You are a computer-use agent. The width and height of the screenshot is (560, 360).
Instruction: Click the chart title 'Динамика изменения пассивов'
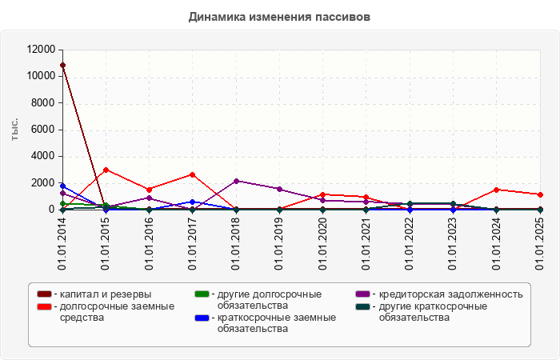[279, 16]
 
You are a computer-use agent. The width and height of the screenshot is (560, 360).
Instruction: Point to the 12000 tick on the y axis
[40, 50]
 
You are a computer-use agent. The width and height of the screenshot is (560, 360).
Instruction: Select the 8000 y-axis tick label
[43, 103]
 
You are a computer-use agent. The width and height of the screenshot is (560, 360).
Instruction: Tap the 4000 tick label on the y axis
[43, 156]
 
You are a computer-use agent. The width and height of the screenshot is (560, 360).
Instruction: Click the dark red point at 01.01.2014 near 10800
[62, 65]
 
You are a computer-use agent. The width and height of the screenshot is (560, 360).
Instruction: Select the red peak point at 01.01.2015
[106, 170]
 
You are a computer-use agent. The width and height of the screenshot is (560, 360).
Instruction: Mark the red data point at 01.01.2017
[193, 174]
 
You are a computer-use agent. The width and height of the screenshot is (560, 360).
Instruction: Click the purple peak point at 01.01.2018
[236, 181]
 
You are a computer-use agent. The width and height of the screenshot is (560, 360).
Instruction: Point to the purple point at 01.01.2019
[279, 189]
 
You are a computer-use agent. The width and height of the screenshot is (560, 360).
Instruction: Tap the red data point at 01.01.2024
[497, 190]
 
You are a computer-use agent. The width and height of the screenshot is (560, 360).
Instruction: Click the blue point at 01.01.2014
[62, 186]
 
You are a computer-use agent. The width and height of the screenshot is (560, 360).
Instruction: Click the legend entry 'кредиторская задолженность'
[450, 294]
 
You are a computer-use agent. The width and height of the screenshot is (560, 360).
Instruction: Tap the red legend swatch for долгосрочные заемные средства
[44, 306]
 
